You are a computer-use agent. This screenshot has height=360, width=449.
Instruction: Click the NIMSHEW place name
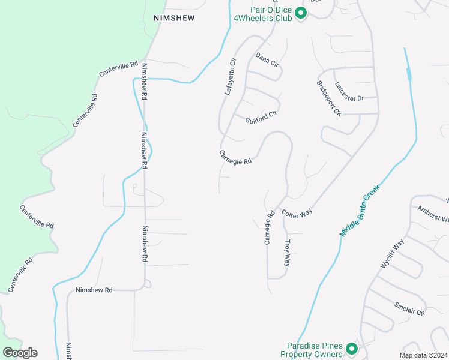174,19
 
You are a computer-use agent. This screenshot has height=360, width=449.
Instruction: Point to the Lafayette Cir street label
231,77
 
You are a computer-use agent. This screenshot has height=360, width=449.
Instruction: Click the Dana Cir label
267,59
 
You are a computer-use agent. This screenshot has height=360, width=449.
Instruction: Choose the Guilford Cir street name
261,116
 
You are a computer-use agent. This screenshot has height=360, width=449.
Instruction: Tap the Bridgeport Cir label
328,96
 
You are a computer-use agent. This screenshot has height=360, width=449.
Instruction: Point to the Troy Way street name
287,253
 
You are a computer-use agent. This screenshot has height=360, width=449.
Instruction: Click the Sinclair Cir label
409,309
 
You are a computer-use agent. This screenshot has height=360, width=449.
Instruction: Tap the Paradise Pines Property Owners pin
351,348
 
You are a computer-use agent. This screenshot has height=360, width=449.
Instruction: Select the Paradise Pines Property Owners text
315,349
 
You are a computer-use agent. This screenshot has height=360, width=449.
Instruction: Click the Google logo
20,353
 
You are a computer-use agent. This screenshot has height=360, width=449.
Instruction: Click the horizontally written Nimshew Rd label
94,290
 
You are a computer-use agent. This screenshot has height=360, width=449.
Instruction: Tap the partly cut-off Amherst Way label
433,214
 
